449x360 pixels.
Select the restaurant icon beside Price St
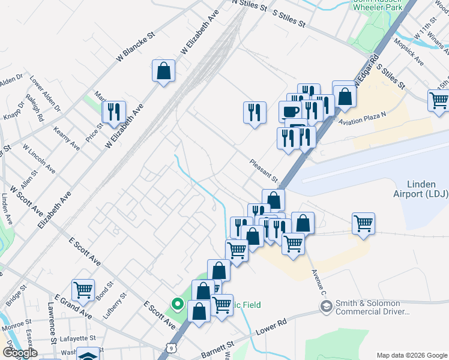click(113, 112)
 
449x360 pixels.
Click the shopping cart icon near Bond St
click(83, 290)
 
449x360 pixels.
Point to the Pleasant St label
click(265, 172)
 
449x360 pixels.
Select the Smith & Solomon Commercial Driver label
click(373, 307)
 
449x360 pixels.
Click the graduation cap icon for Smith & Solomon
click(326, 307)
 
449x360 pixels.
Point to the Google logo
click(20, 353)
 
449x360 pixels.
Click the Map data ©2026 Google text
click(411, 355)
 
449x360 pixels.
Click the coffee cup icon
click(291, 112)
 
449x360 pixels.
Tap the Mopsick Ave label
click(414, 54)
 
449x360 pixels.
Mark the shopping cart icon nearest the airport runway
click(364, 224)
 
